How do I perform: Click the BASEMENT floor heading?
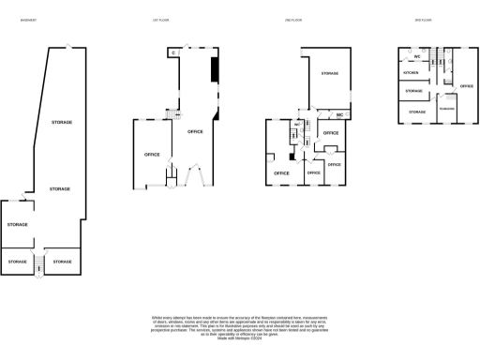coord(28,20)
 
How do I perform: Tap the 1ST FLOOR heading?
coord(160,20)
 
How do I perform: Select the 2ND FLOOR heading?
coord(291,20)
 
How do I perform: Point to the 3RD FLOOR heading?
coord(424,20)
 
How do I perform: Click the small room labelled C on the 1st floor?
coord(174,53)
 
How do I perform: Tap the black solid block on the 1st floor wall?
coord(215,70)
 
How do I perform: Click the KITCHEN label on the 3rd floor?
coord(411,72)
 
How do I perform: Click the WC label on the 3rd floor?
coord(415,57)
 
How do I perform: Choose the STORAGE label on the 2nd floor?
coord(329,73)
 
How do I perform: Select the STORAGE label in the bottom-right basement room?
coord(63,261)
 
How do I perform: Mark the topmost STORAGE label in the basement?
coord(62,123)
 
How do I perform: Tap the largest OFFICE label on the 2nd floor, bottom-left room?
coord(280,173)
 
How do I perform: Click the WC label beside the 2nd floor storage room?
coord(339,116)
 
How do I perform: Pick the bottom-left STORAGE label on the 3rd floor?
coord(416,112)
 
